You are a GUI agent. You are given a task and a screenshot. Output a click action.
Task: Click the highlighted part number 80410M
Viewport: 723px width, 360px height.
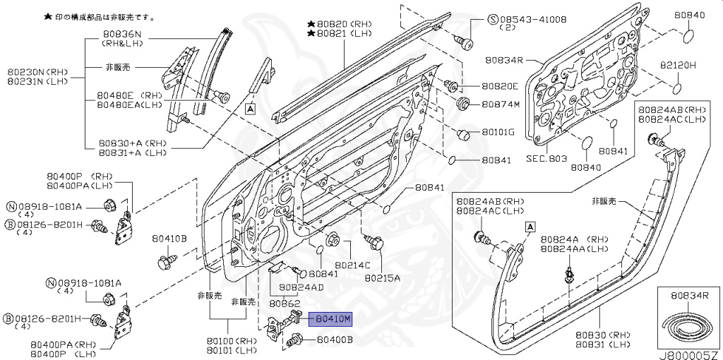click(x=333, y=320)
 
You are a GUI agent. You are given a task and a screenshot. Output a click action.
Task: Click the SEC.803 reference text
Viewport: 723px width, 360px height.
click(x=546, y=160)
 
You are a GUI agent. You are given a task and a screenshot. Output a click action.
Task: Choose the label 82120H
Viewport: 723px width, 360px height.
click(x=678, y=65)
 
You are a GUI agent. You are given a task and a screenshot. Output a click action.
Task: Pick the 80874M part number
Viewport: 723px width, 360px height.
click(x=501, y=105)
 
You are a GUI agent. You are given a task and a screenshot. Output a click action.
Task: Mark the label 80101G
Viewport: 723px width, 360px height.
click(x=498, y=132)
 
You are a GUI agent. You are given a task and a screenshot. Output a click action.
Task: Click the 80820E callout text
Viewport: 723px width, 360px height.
click(x=500, y=87)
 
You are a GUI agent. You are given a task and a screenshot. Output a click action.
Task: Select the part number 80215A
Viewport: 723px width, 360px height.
click(x=382, y=277)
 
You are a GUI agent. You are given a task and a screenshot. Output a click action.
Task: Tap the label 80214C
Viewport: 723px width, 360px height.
click(x=352, y=265)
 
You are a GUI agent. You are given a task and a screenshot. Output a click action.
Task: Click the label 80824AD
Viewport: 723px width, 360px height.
click(x=301, y=287)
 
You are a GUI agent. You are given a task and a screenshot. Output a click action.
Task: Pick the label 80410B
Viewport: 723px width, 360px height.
click(x=169, y=239)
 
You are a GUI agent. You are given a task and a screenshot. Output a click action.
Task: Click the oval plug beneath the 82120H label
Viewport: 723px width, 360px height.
click(x=676, y=89)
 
